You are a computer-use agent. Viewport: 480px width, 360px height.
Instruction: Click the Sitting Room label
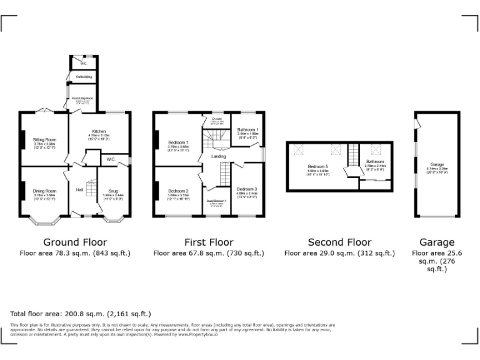(45, 139)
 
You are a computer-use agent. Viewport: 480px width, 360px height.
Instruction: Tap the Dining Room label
(45, 191)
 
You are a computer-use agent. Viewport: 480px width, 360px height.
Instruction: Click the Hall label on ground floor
(79, 189)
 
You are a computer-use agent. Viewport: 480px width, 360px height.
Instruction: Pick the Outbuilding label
(84, 77)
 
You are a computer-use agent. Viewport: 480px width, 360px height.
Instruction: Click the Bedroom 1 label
(177, 142)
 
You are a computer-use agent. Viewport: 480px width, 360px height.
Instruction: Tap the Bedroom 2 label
(177, 191)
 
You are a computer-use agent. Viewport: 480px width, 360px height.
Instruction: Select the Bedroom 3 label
(247, 188)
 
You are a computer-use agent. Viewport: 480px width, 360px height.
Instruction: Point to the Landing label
(219, 156)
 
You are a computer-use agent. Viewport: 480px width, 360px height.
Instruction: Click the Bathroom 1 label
(247, 129)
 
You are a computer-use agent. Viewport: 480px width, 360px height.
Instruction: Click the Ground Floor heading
(75, 242)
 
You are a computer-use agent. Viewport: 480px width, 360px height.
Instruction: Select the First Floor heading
(209, 242)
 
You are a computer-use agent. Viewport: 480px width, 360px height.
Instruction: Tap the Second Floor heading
(339, 242)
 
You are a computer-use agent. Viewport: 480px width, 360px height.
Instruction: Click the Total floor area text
(81, 314)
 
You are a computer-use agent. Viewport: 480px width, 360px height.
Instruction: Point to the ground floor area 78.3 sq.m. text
(75, 253)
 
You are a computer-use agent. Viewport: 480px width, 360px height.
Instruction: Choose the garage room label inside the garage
(437, 164)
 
